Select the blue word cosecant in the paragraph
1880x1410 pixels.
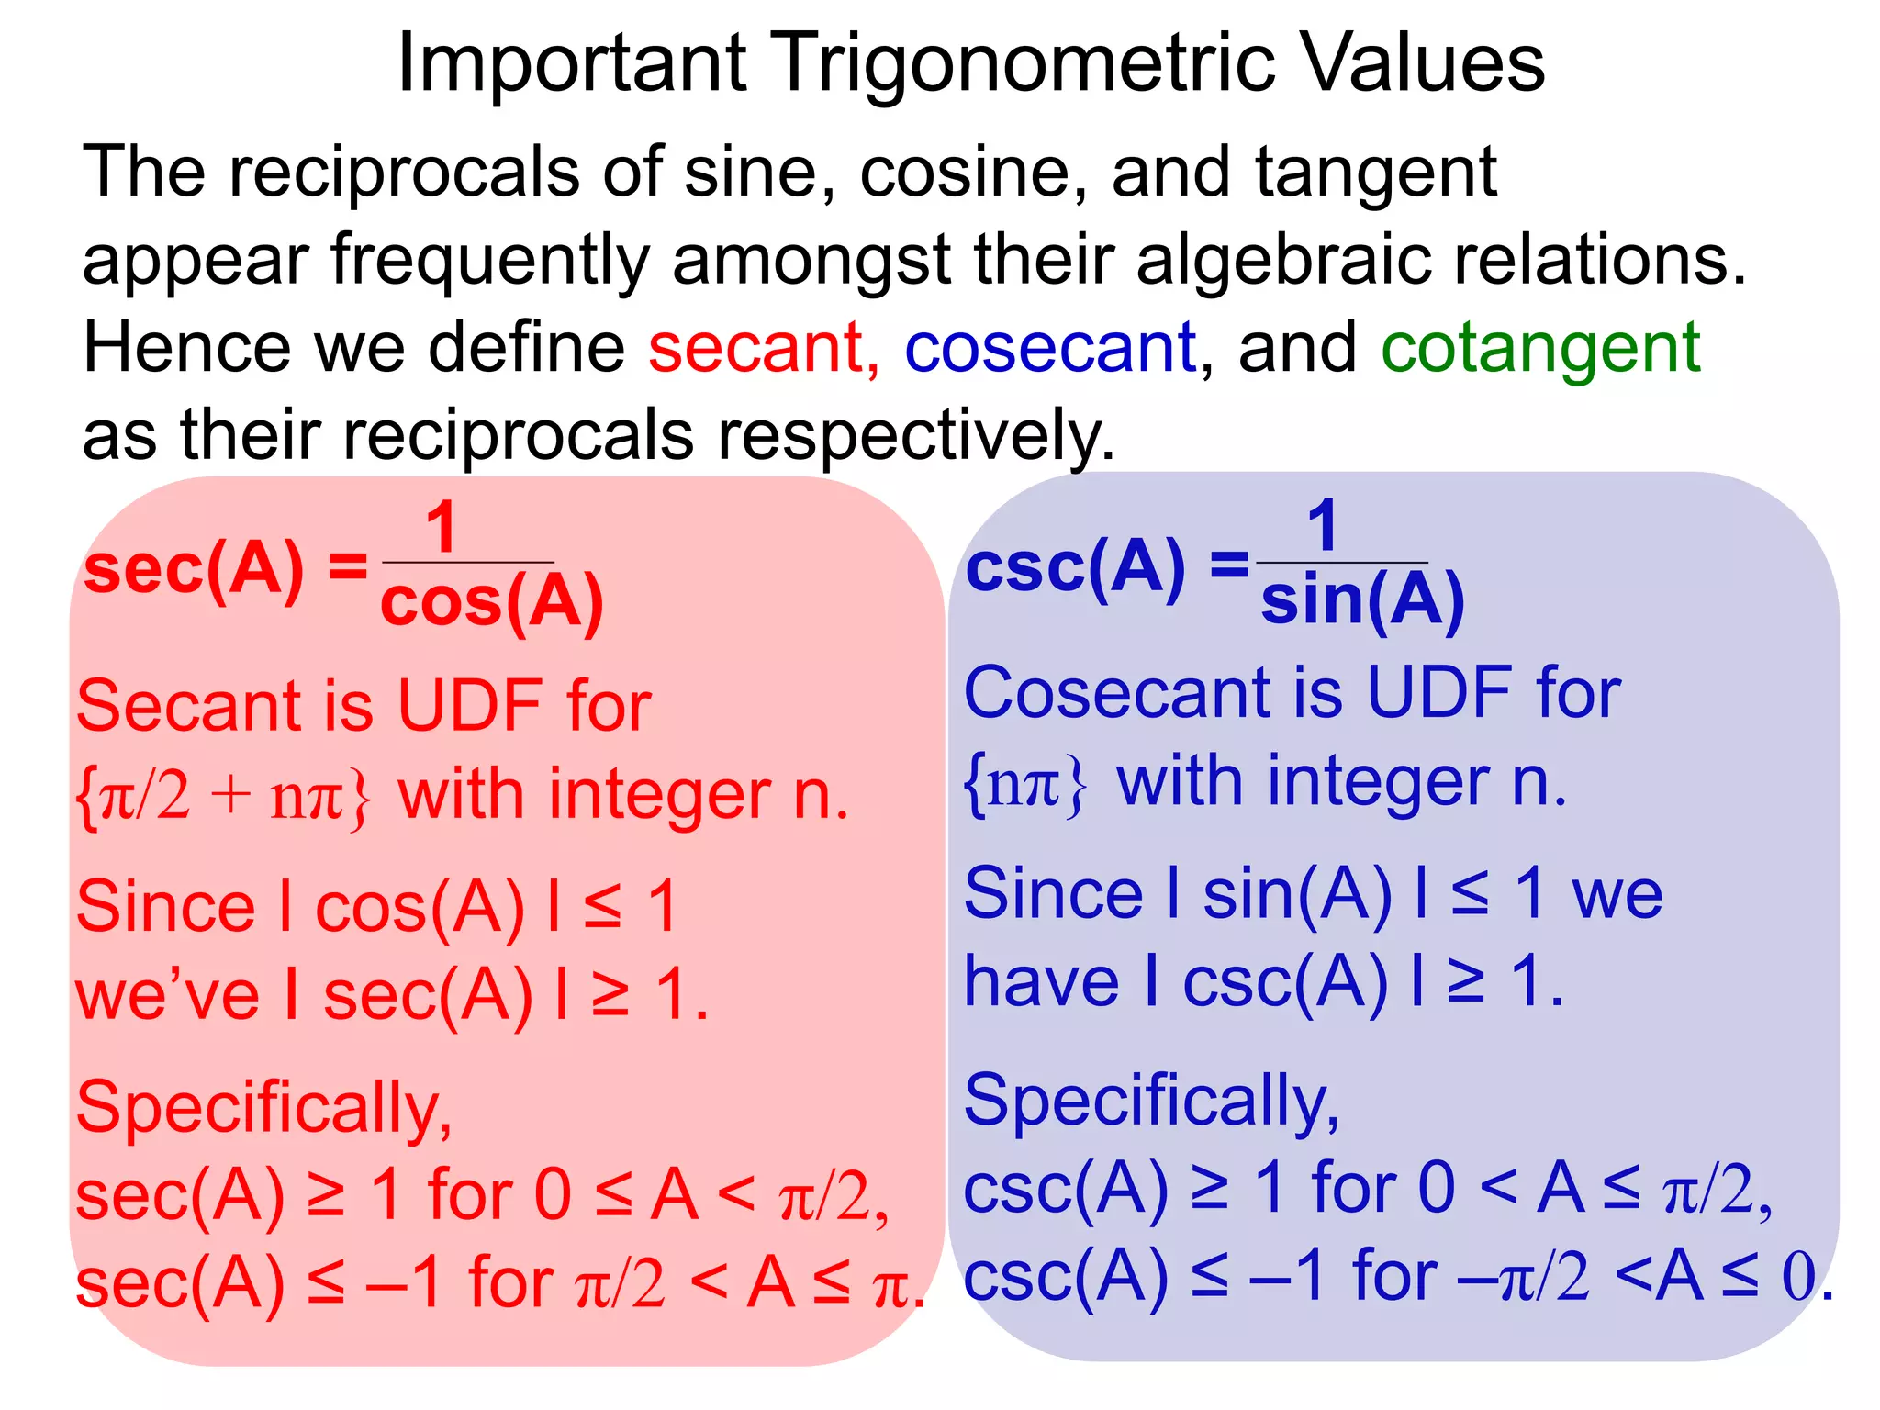1050,348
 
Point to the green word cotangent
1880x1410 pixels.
1540,350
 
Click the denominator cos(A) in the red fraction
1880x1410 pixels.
492,603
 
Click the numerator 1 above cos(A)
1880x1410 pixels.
442,528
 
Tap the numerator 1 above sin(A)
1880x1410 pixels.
1323,526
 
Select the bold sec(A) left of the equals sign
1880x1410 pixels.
194,570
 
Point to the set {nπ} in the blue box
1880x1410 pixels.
1025,783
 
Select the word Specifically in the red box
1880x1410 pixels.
263,1108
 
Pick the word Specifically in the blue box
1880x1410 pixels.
1151,1102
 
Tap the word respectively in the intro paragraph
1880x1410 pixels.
916,435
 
